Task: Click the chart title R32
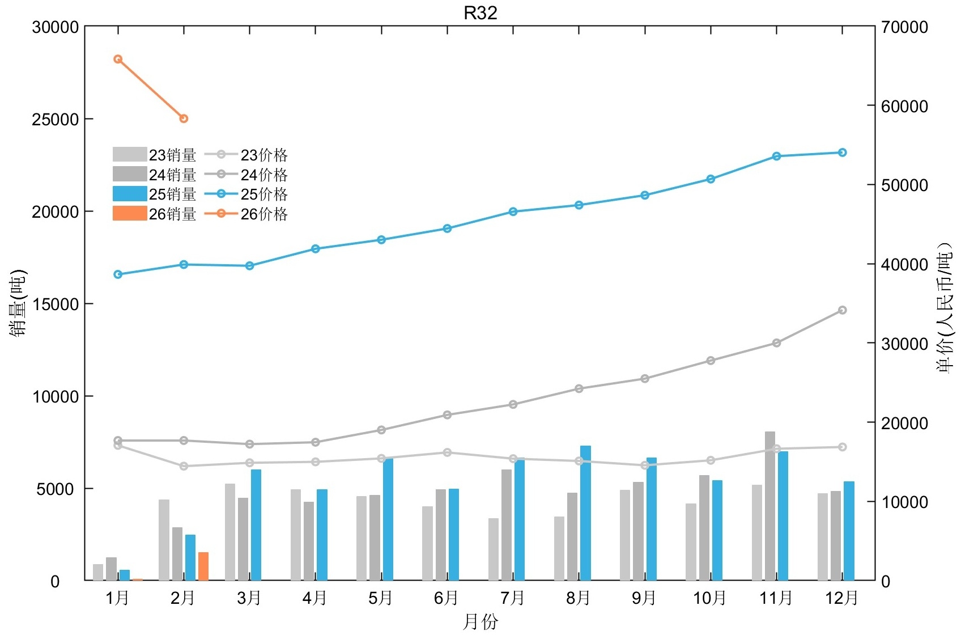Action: (480, 12)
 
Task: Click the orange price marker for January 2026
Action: (118, 59)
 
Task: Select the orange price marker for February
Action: (184, 118)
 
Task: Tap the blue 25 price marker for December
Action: (842, 153)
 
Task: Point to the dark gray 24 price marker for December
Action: (842, 310)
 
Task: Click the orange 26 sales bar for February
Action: (203, 566)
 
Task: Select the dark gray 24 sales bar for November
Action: (769, 506)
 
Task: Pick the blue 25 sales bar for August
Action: (585, 513)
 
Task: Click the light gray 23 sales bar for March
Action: (229, 532)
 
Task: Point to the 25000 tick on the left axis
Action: (55, 119)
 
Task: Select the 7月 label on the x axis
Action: (512, 598)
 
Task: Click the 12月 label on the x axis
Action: (841, 598)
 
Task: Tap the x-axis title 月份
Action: (480, 621)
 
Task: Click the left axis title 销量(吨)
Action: (18, 303)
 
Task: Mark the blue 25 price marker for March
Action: (249, 266)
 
